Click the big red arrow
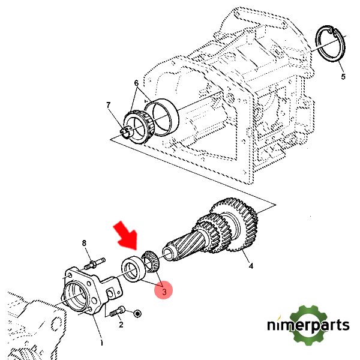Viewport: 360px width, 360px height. click(128, 238)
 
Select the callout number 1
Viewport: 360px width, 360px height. click(101, 343)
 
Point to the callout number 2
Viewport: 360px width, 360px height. click(121, 325)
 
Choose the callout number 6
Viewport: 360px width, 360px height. click(136, 83)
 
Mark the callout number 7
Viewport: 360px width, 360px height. click(109, 106)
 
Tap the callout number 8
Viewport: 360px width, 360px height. click(85, 243)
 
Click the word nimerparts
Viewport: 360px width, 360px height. click(308, 326)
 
